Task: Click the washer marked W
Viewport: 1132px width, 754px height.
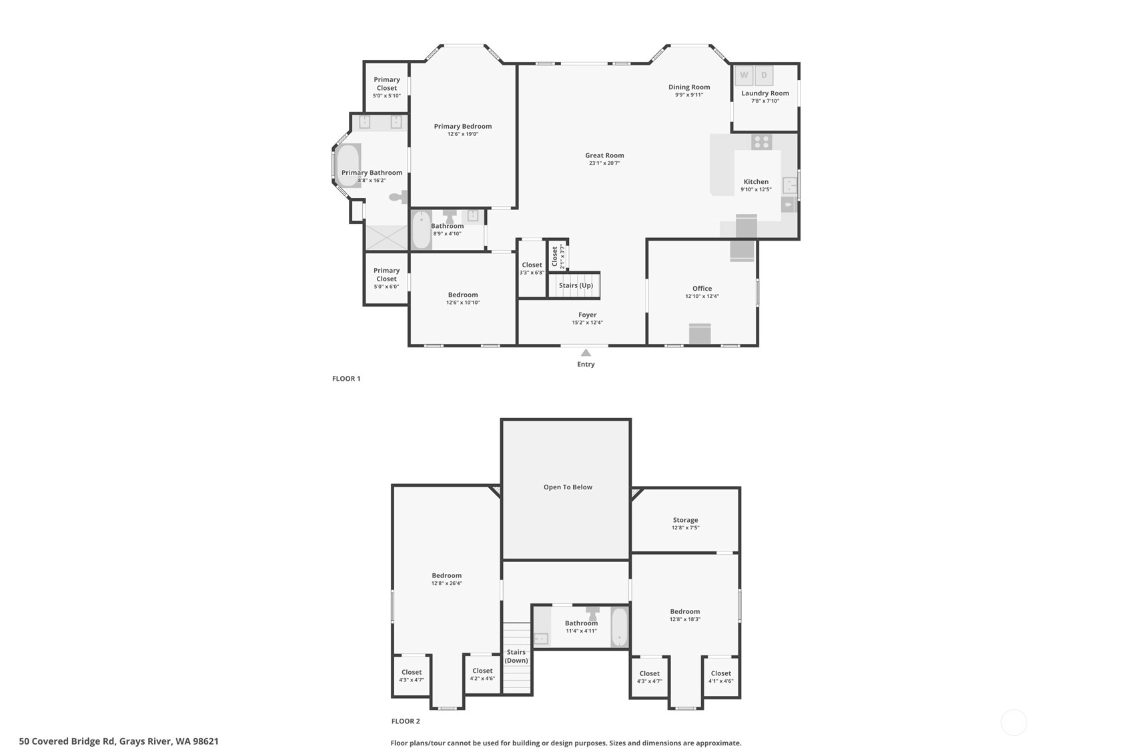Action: tap(744, 75)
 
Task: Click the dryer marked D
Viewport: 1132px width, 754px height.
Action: tap(764, 75)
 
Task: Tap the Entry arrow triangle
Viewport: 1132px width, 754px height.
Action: tap(586, 353)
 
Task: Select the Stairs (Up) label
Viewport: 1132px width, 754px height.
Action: tap(576, 285)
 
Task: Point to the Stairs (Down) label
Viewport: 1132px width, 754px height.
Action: tap(516, 656)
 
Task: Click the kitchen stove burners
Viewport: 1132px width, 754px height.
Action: tap(762, 142)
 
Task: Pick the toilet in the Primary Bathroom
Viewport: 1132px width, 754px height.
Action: tap(399, 197)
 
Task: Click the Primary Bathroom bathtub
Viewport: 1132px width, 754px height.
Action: tap(348, 165)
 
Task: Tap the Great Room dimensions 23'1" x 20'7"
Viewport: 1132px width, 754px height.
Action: tap(604, 163)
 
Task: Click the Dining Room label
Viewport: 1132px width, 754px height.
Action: tap(689, 87)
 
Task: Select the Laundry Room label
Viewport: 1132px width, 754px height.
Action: tap(765, 93)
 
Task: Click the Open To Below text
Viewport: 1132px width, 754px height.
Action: tap(568, 487)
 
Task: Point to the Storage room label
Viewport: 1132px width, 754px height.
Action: tap(685, 520)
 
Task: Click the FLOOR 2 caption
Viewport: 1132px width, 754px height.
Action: tap(406, 721)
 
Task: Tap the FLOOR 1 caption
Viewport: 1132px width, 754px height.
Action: tap(346, 379)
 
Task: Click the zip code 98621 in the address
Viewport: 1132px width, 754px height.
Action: tap(205, 741)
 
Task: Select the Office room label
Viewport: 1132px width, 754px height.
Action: tap(702, 289)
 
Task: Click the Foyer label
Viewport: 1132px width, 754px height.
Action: tap(587, 315)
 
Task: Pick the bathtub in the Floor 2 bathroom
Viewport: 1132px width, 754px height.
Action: tap(620, 627)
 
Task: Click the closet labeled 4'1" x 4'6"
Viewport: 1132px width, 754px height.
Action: tap(720, 677)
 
